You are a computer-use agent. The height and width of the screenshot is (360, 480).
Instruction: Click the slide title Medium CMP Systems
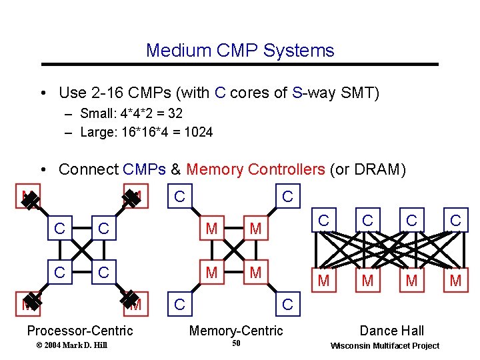click(240, 50)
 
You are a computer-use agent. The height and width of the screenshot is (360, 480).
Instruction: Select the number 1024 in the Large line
click(199, 132)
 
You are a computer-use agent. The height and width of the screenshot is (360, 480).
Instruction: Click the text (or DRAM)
click(367, 169)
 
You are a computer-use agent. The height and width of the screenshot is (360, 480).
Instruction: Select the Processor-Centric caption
click(79, 331)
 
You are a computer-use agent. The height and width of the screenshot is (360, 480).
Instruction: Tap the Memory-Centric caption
click(236, 331)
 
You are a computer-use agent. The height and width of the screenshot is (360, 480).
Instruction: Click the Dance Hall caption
click(391, 331)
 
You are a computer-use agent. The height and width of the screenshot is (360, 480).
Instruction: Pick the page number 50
click(236, 344)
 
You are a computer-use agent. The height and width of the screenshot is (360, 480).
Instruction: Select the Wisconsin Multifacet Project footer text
click(385, 345)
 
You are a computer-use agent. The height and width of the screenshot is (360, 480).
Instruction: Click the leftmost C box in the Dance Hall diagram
click(323, 219)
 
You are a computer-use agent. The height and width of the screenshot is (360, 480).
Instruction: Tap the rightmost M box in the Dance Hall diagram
click(455, 281)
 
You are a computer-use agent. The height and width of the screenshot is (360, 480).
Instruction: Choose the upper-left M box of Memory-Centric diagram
click(211, 229)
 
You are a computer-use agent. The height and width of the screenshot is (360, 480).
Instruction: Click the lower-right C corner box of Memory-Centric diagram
click(287, 305)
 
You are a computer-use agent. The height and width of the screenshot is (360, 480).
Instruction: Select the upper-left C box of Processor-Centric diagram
click(59, 229)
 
